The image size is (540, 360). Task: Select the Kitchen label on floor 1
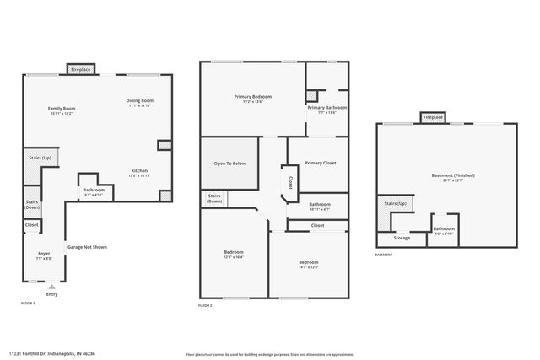[x=139, y=172]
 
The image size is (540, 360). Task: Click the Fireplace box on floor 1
[x=81, y=69]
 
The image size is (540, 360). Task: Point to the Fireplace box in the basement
[x=433, y=118]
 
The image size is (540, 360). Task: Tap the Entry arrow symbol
[x=51, y=287]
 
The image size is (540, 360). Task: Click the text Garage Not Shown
[x=87, y=247]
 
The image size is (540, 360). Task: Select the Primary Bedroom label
[x=253, y=98]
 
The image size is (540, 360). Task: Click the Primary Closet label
[x=321, y=163]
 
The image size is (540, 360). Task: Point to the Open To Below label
[x=229, y=163]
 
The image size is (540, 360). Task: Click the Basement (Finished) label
[x=453, y=177]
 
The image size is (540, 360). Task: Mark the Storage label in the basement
[x=402, y=238]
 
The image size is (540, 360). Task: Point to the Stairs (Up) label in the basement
[x=396, y=203]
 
